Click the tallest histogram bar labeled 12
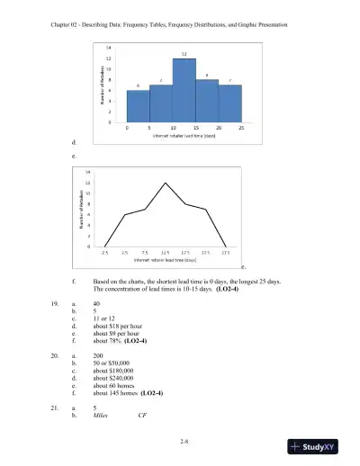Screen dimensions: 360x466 click(x=184, y=90)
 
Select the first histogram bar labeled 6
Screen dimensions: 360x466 click(x=139, y=105)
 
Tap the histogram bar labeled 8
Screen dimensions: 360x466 click(x=207, y=100)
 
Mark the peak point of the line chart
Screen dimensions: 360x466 click(x=165, y=183)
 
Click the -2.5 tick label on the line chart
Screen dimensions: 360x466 click(x=104, y=253)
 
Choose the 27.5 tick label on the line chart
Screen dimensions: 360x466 click(x=225, y=253)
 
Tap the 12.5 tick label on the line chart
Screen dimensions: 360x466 click(x=165, y=253)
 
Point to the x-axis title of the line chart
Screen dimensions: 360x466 click(x=165, y=260)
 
